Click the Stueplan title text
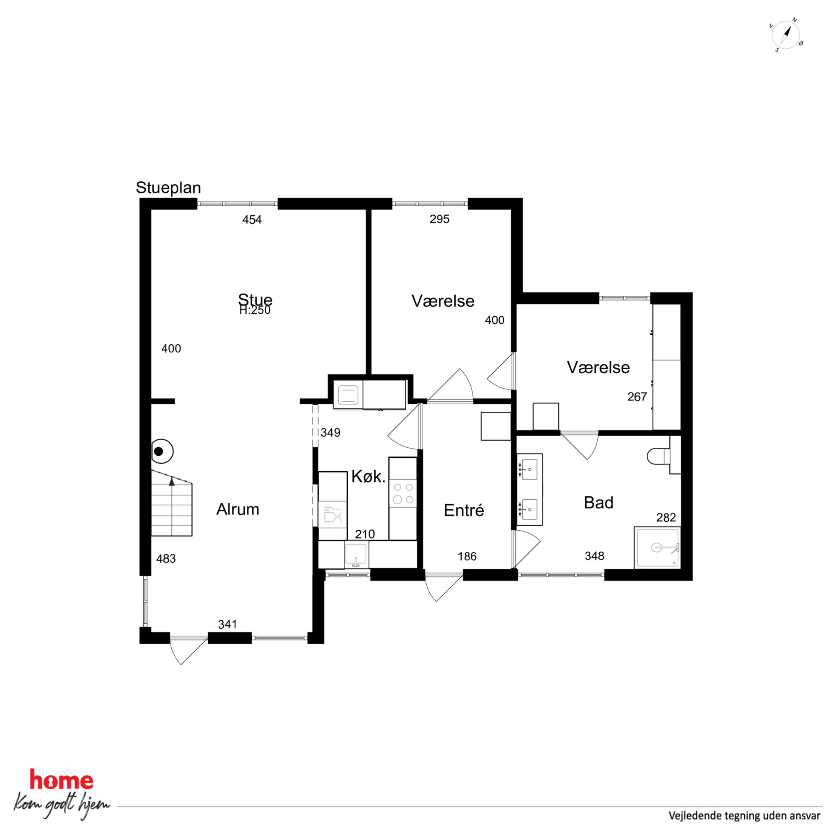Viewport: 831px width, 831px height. click(x=168, y=188)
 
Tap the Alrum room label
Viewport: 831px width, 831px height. click(x=237, y=509)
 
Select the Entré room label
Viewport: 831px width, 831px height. click(x=464, y=510)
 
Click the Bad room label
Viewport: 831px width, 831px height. click(x=598, y=502)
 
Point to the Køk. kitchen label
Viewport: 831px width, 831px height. click(x=368, y=477)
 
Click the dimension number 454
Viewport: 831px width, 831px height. click(x=252, y=220)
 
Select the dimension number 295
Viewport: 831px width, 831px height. click(x=440, y=219)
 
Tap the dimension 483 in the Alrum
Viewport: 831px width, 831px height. click(x=166, y=559)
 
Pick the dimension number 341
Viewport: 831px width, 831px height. click(x=227, y=624)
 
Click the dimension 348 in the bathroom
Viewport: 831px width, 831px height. click(x=594, y=556)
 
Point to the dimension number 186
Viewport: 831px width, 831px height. click(x=467, y=557)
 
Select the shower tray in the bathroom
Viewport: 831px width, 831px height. click(x=657, y=547)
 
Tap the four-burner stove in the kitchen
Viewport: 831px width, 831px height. click(x=403, y=493)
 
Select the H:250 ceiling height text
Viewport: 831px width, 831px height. click(x=255, y=310)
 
